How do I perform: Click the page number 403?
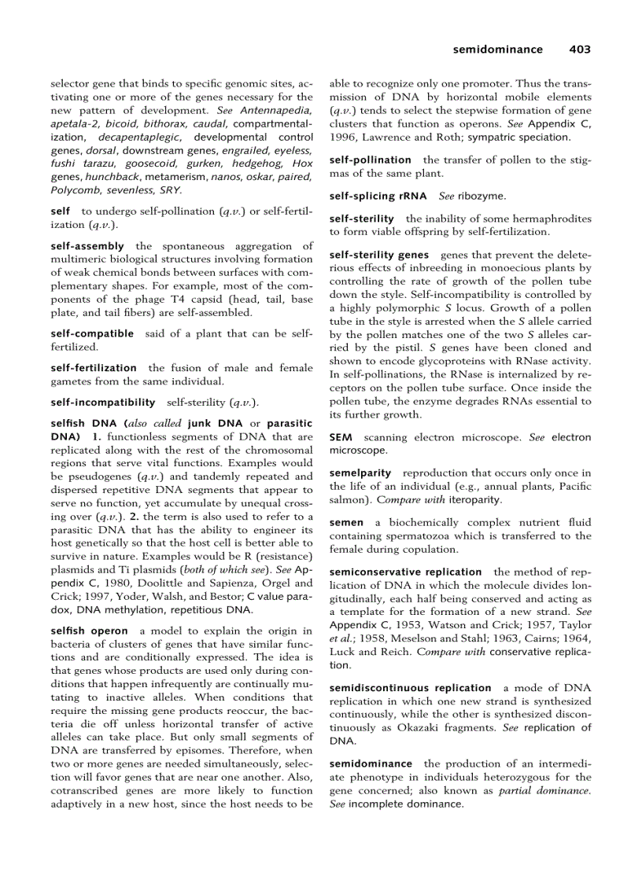click(x=580, y=50)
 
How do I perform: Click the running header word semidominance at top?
click(x=497, y=50)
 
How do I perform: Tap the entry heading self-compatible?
click(x=91, y=333)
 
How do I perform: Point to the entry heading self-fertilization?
click(x=93, y=368)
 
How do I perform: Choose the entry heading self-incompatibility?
click(x=102, y=403)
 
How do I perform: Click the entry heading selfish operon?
click(x=89, y=631)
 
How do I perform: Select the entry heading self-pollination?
click(x=370, y=160)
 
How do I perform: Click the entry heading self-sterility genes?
click(x=379, y=255)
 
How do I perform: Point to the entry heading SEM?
click(x=341, y=437)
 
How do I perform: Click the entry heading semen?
click(x=346, y=522)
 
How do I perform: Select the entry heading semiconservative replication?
click(x=405, y=572)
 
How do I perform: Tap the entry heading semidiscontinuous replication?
click(x=410, y=687)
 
